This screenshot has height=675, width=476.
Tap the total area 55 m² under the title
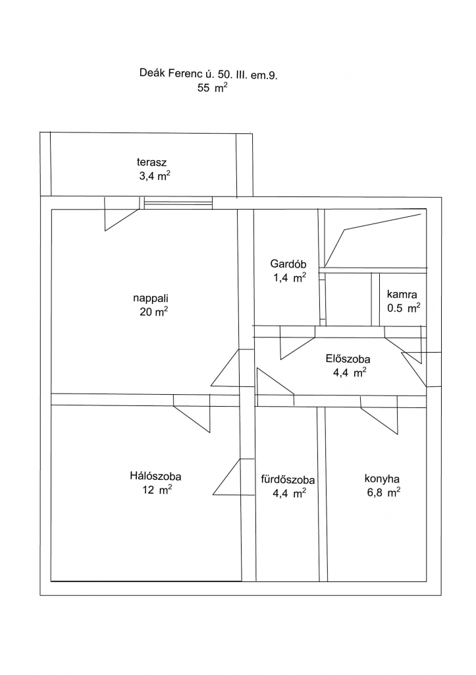pyautogui.click(x=212, y=88)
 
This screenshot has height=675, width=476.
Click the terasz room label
pyautogui.click(x=151, y=162)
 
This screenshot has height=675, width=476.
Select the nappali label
pyautogui.click(x=151, y=299)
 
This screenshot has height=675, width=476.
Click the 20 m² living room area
pyautogui.click(x=153, y=312)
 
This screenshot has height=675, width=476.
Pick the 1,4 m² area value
pyautogui.click(x=290, y=278)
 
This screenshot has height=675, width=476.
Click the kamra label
pyautogui.click(x=402, y=295)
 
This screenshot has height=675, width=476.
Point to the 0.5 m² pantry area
pyautogui.click(x=403, y=308)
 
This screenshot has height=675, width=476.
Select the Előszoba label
pyautogui.click(x=348, y=359)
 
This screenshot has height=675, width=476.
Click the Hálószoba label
pyautogui.click(x=155, y=476)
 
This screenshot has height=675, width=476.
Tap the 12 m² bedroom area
pyautogui.click(x=157, y=490)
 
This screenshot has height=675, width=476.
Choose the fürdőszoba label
pyautogui.click(x=288, y=480)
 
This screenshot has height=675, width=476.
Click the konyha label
pyautogui.click(x=382, y=479)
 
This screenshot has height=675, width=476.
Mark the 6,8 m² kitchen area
pyautogui.click(x=384, y=492)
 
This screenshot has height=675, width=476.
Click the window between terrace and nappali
pyautogui.click(x=178, y=203)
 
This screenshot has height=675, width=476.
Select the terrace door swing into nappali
pyautogui.click(x=122, y=214)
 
